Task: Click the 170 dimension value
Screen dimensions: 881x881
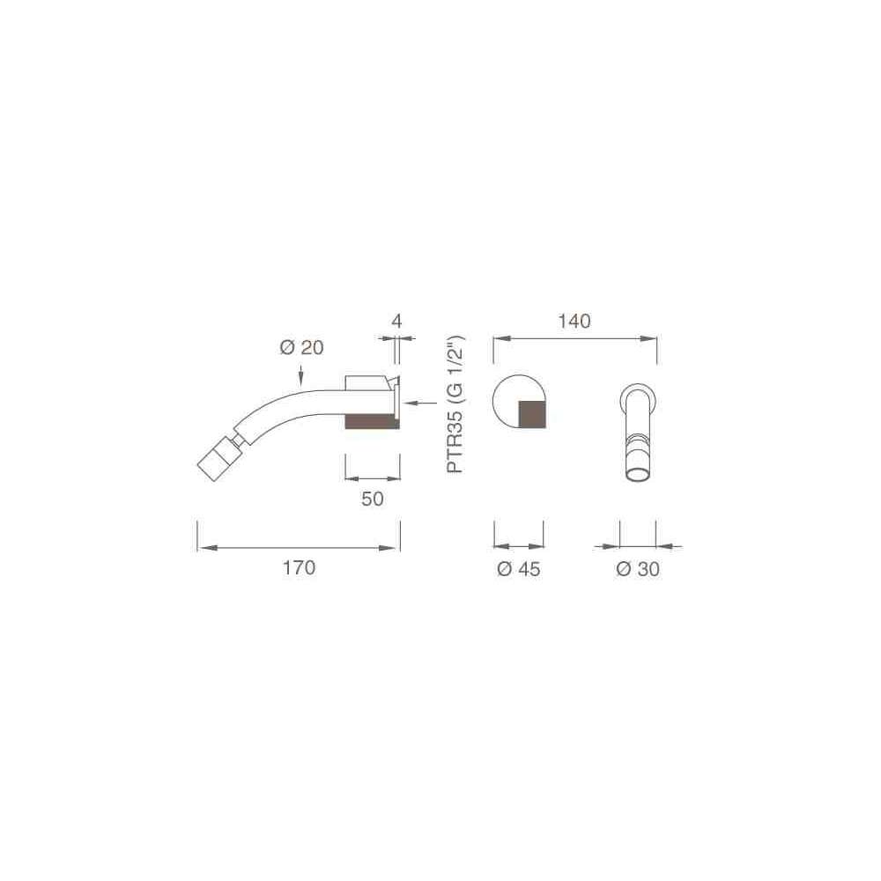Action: point(299,568)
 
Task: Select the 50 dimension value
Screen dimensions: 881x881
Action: point(373,499)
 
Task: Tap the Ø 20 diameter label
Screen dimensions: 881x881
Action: point(301,348)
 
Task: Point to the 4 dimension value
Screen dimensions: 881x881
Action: point(396,322)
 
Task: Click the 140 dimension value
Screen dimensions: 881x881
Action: point(574,322)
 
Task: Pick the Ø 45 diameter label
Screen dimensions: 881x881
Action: point(519,569)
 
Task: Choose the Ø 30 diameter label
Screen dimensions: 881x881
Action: point(638,569)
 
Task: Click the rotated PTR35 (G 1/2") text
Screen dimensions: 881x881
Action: point(455,404)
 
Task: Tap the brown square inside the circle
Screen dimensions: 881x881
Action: point(531,415)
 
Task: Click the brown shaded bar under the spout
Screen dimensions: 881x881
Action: point(372,421)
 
